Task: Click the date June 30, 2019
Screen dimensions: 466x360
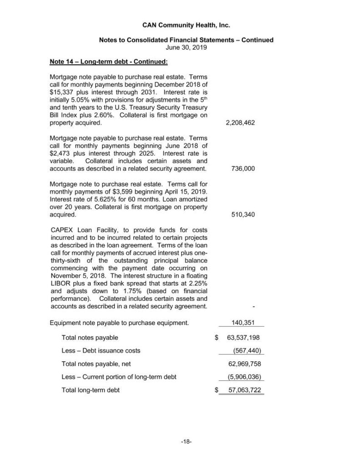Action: tap(186, 46)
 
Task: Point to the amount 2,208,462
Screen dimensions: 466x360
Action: tap(240, 123)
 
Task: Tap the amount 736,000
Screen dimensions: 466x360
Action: tap(243, 168)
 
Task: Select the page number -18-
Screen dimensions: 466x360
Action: tap(186, 441)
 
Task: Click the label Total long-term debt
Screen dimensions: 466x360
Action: tap(91, 390)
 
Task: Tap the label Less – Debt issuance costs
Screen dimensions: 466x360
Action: tap(101, 350)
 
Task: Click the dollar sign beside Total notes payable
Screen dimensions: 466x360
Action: tap(216, 338)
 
